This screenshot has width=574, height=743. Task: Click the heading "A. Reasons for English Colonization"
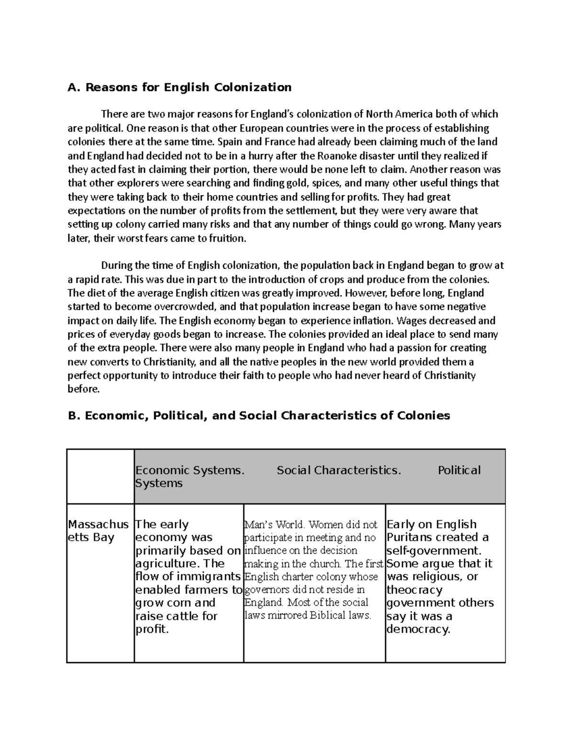(179, 88)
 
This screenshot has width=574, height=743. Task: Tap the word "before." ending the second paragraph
(84, 389)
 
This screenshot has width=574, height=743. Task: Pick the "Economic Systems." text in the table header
(190, 470)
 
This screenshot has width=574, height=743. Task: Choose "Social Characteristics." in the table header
(339, 470)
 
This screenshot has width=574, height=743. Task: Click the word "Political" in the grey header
(459, 470)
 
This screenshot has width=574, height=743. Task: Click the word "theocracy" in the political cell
(415, 590)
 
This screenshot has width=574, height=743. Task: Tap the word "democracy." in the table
(418, 629)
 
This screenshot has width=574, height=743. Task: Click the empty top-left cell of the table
(100, 477)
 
